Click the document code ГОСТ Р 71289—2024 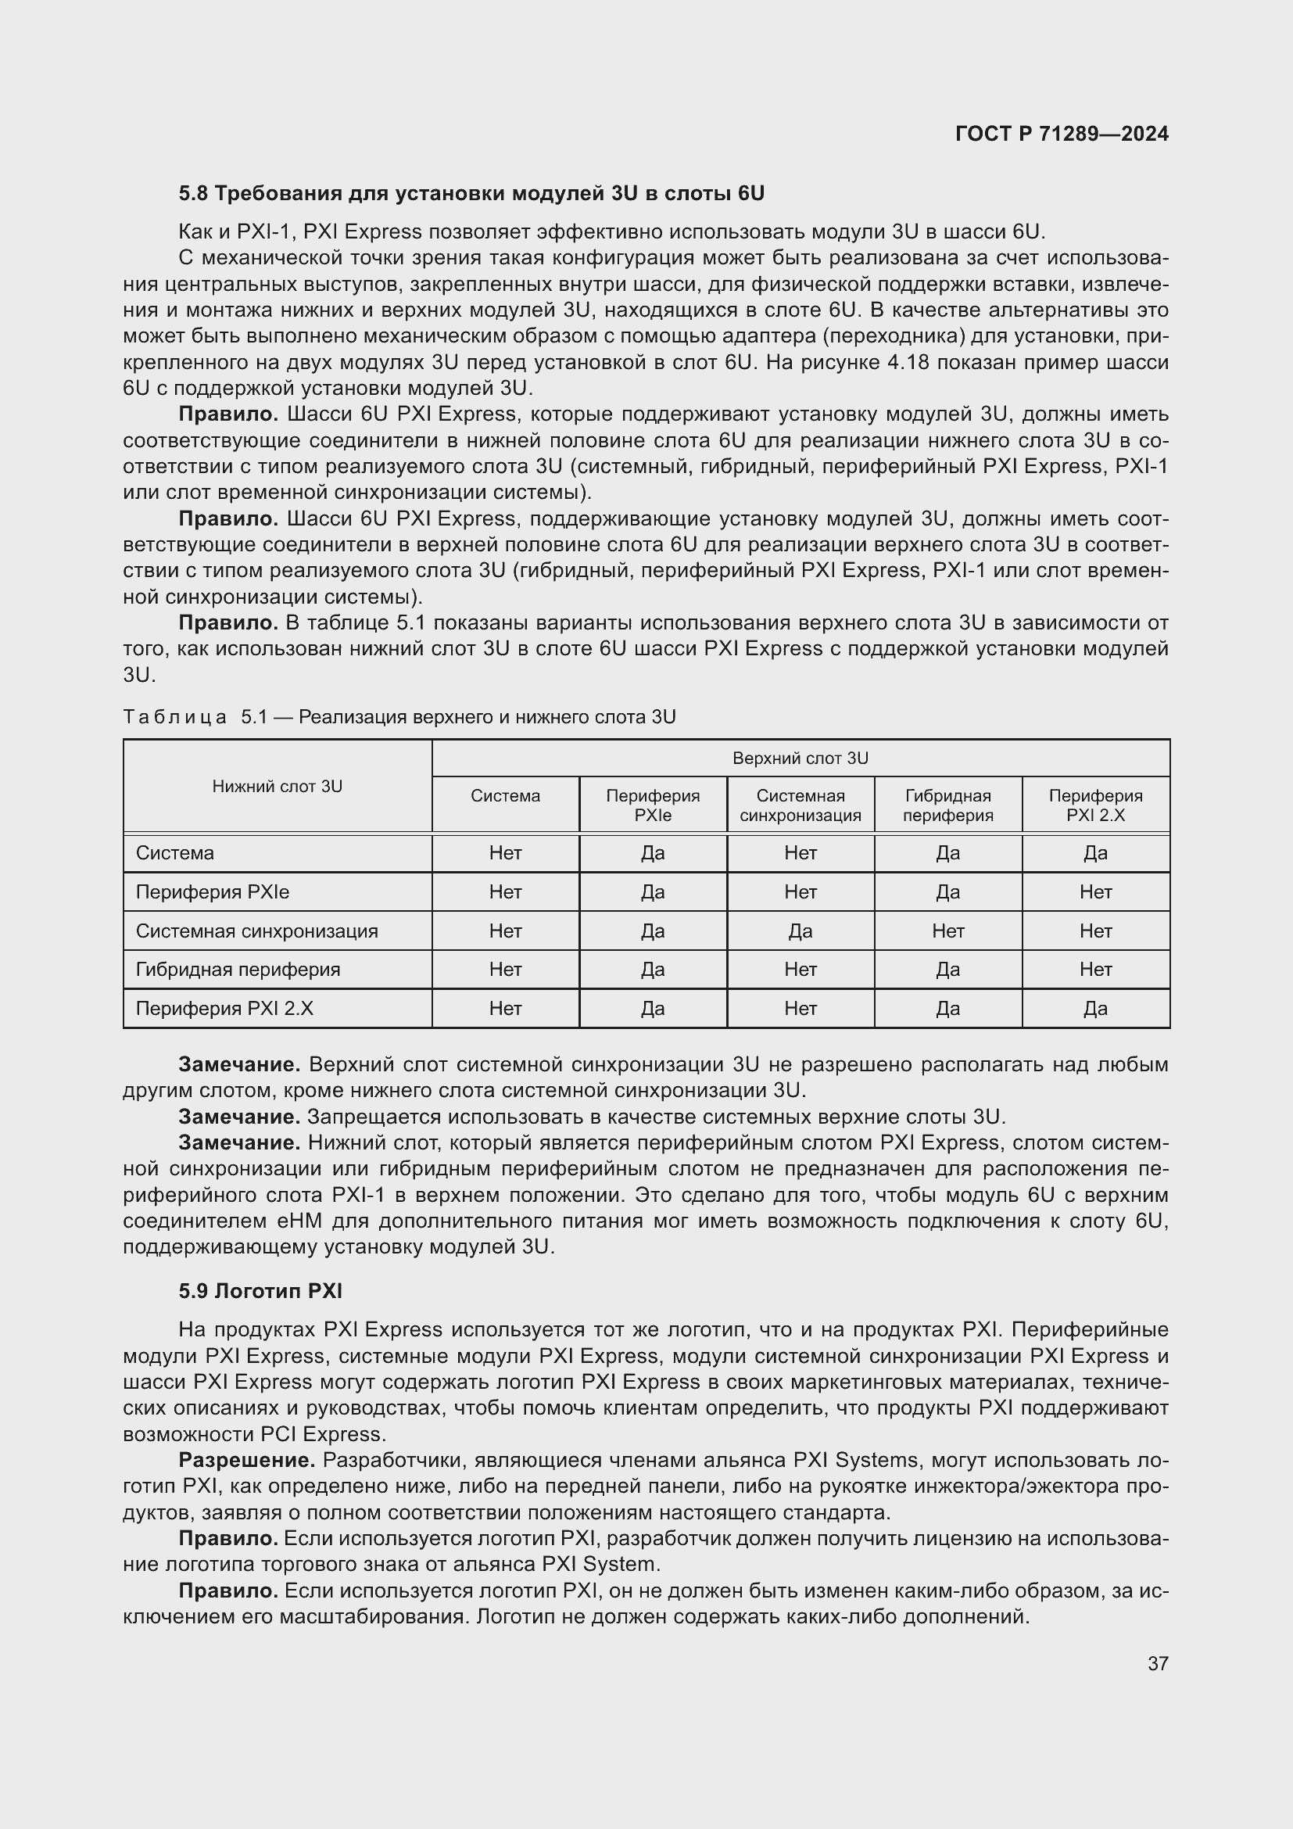(x=1062, y=134)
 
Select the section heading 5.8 (x=471, y=193)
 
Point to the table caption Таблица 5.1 (x=398, y=717)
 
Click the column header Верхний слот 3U (x=801, y=758)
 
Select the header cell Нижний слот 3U (x=277, y=786)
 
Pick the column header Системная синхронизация (x=801, y=805)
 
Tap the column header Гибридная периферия (x=947, y=805)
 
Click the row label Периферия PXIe (x=213, y=892)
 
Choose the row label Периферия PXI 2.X (x=224, y=1009)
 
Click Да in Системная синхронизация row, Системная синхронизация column (x=801, y=931)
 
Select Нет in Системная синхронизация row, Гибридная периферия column (x=947, y=931)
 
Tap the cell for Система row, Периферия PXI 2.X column (x=1094, y=853)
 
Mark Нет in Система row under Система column (x=506, y=853)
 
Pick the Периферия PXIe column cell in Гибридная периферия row (x=653, y=970)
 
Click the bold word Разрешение (x=247, y=1460)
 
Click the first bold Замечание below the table (x=239, y=1064)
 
